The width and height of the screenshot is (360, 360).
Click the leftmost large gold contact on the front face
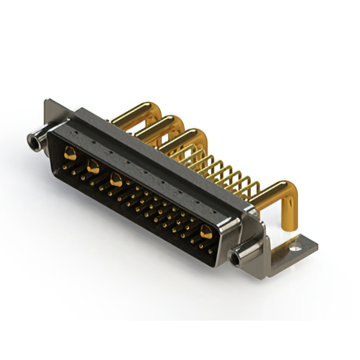(x=70, y=152)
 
